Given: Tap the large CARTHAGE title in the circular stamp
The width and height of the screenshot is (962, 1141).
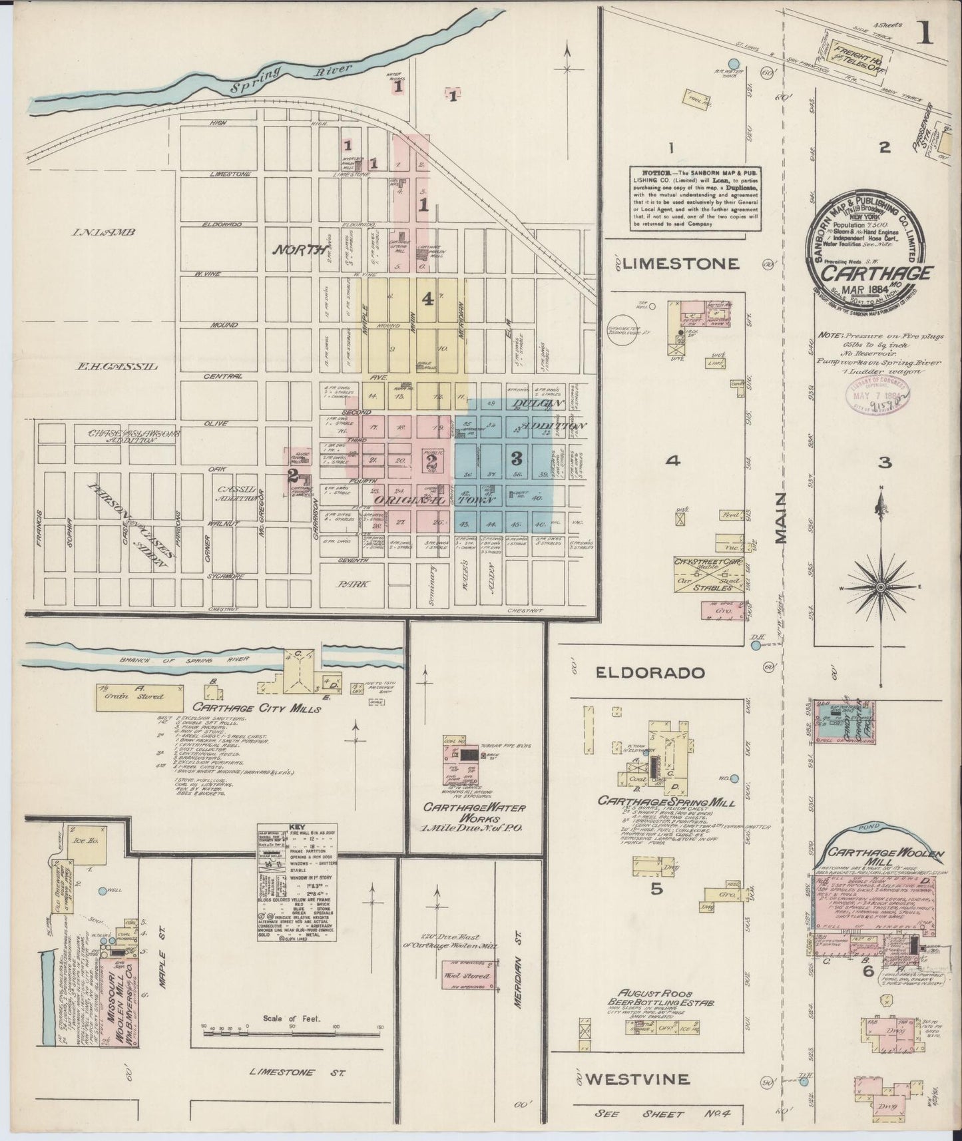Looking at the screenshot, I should (x=873, y=274).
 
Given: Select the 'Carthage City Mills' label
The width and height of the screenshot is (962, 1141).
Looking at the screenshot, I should (x=257, y=708).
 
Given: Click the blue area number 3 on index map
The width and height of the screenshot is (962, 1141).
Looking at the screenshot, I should (x=515, y=458).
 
